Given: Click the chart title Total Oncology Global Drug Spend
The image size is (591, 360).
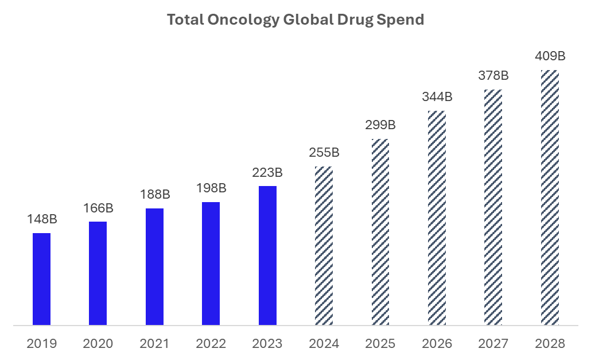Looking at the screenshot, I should coord(295,20).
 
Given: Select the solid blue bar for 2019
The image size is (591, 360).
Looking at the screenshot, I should coord(41,279).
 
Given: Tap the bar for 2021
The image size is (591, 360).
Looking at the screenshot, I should coord(154,266).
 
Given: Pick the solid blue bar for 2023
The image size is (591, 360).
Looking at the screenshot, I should coord(267,256).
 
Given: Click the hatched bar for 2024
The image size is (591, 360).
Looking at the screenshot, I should coord(324,246).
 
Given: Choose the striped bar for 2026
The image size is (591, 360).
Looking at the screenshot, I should coord(437,218).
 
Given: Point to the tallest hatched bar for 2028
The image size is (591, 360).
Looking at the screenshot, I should coord(550,198).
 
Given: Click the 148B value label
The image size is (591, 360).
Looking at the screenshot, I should coord(41,219).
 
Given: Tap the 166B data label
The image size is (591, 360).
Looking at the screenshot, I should coord(98,208).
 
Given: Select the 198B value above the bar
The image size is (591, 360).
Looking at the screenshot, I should coord(211,188).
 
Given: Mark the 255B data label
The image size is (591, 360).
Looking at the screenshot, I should coord(324,153).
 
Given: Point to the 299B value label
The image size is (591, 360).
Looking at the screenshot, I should coord(380,125).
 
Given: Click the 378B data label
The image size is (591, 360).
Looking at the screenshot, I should coord(493,76).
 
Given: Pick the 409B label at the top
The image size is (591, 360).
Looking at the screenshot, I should coord(550,56).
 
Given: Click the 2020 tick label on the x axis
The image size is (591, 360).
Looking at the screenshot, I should coord(98,344).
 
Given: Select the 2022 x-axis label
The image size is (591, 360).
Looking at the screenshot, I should coord(211,344).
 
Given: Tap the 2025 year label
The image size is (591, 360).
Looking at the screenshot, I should coord(380,344).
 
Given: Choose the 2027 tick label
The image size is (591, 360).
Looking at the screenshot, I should coord(493,344).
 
